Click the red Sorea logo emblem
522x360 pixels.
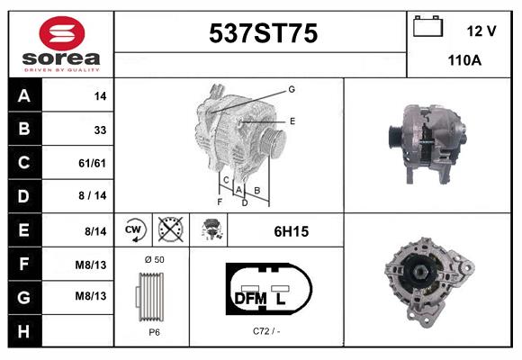click(62, 33)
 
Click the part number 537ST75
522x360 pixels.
click(263, 33)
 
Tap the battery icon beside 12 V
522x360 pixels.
click(427, 26)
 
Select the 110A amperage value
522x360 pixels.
click(464, 60)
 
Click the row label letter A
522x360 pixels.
click(24, 96)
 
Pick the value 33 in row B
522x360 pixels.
click(100, 130)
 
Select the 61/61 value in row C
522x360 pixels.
click(92, 163)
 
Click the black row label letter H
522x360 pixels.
click(24, 332)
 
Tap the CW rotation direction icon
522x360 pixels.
click(134, 229)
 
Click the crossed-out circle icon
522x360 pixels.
click(171, 229)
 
